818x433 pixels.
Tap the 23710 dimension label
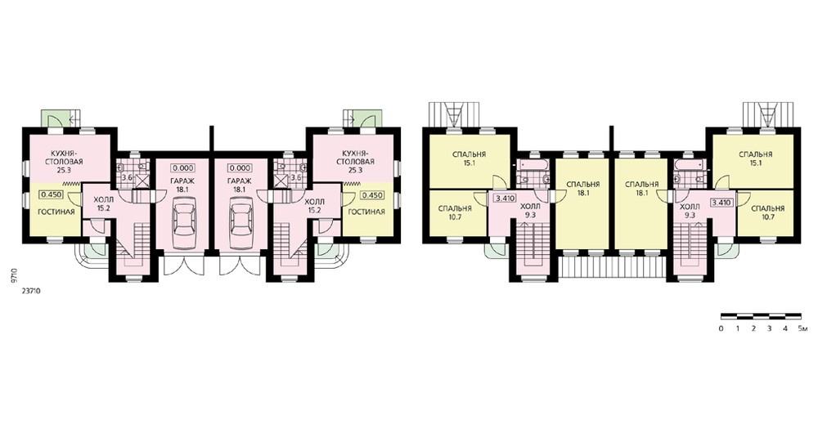pyautogui.click(x=31, y=292)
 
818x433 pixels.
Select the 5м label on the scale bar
pyautogui.click(x=803, y=328)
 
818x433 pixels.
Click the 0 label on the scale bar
pyautogui.click(x=721, y=328)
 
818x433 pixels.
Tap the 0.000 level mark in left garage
pyautogui.click(x=183, y=168)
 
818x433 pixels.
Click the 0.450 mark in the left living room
pyautogui.click(x=50, y=195)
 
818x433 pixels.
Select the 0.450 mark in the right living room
pyautogui.click(x=372, y=195)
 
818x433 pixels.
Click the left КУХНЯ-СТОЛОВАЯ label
pyautogui.click(x=66, y=158)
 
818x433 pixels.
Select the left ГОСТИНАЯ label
pyautogui.click(x=56, y=212)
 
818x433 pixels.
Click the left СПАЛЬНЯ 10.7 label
pyautogui.click(x=455, y=212)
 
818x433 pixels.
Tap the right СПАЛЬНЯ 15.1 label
pyautogui.click(x=755, y=158)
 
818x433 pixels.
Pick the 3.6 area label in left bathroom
pyautogui.click(x=127, y=178)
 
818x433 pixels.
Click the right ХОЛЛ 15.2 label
pyautogui.click(x=314, y=205)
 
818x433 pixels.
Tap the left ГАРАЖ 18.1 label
pyautogui.click(x=183, y=185)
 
